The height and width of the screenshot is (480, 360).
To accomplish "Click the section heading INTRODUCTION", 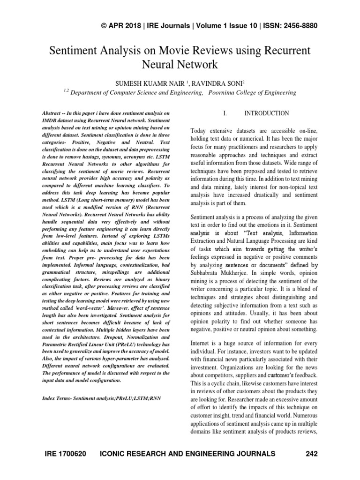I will (267, 113).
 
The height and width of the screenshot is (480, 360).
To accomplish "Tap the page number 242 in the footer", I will (311, 454).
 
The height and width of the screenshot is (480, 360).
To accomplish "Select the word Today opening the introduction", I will (200, 131).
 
